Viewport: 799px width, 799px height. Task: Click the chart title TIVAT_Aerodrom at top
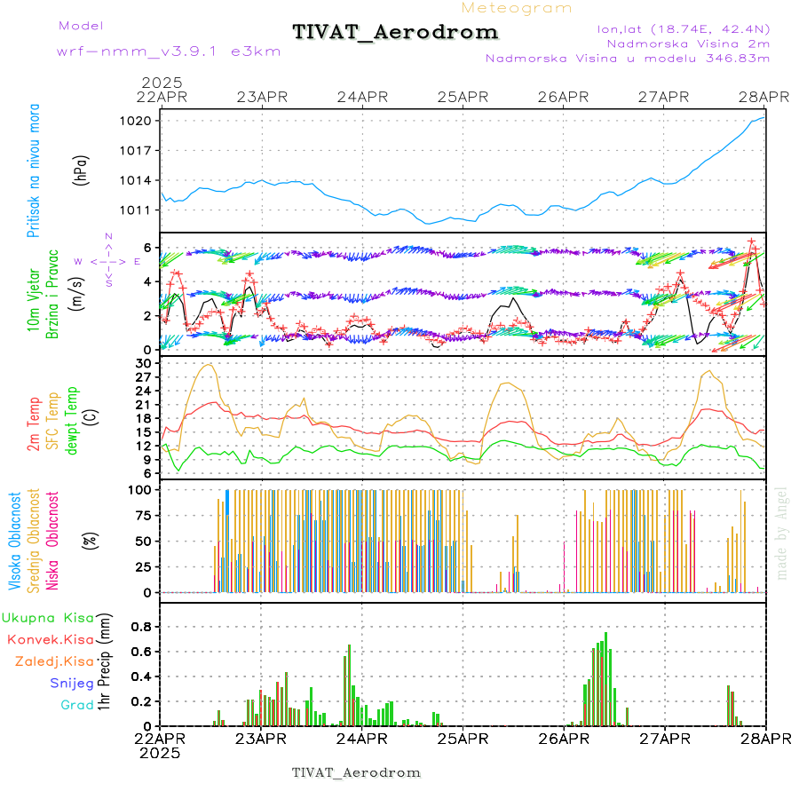click(395, 32)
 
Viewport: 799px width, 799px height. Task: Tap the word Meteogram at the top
click(518, 8)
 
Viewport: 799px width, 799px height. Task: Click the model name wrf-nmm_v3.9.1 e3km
click(169, 51)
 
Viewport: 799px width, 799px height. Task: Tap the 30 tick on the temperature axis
click(144, 363)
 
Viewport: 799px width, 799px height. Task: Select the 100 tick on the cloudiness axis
click(141, 489)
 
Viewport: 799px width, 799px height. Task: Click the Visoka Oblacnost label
click(15, 541)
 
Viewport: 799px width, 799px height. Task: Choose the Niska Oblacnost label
click(52, 541)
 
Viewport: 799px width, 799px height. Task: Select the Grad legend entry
click(76, 705)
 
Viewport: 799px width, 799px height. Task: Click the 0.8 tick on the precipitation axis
click(141, 626)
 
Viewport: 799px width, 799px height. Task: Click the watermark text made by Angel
click(782, 533)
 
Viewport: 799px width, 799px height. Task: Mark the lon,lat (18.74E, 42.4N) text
click(684, 28)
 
